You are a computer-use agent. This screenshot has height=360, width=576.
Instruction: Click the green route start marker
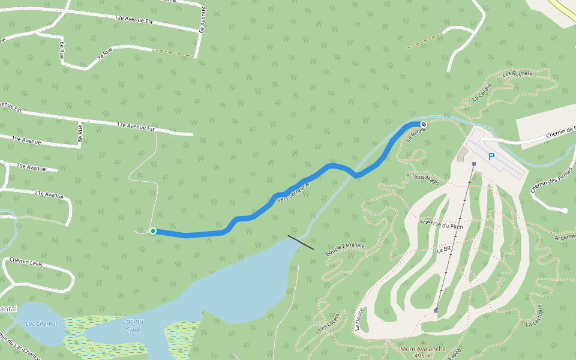coord(153,231)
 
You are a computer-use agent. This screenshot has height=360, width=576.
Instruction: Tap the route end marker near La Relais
coord(423,124)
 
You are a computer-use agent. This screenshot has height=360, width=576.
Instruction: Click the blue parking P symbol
coord(491,157)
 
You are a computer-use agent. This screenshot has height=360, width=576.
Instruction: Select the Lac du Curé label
coord(133,325)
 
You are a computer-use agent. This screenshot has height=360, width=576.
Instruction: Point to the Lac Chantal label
coord(41,324)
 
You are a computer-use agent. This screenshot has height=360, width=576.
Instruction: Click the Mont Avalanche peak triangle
coord(422,343)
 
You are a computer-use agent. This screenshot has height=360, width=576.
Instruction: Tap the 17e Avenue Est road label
coord(136,126)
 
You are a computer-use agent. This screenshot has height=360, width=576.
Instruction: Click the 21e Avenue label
coord(49,194)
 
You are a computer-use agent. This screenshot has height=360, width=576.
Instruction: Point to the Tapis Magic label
coord(425,179)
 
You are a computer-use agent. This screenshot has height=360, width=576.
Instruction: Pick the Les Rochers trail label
coord(517,74)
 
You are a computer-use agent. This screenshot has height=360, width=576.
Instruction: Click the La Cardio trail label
coord(482,92)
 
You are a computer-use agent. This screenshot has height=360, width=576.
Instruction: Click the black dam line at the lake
coord(301,242)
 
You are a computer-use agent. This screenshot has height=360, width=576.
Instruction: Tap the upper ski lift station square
coord(474,164)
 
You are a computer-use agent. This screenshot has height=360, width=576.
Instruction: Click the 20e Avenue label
coord(31,167)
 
